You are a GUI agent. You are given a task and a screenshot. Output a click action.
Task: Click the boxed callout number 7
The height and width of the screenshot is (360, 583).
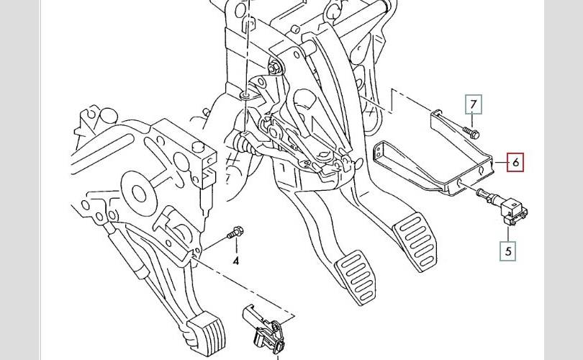473,105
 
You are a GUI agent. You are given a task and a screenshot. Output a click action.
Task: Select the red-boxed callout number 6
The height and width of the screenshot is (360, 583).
515,163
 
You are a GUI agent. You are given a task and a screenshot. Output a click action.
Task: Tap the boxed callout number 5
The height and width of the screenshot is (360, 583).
509,251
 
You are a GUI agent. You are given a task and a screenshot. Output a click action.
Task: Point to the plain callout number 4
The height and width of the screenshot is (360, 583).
235,261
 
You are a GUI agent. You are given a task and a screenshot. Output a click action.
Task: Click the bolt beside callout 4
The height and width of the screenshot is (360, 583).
235,233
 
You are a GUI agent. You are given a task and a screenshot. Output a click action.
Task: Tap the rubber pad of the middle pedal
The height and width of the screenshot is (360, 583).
355,276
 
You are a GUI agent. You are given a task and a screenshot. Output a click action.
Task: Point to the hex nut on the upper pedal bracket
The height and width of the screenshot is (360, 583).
276,68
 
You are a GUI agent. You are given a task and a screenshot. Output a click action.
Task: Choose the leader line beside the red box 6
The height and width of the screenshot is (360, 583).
500,163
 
